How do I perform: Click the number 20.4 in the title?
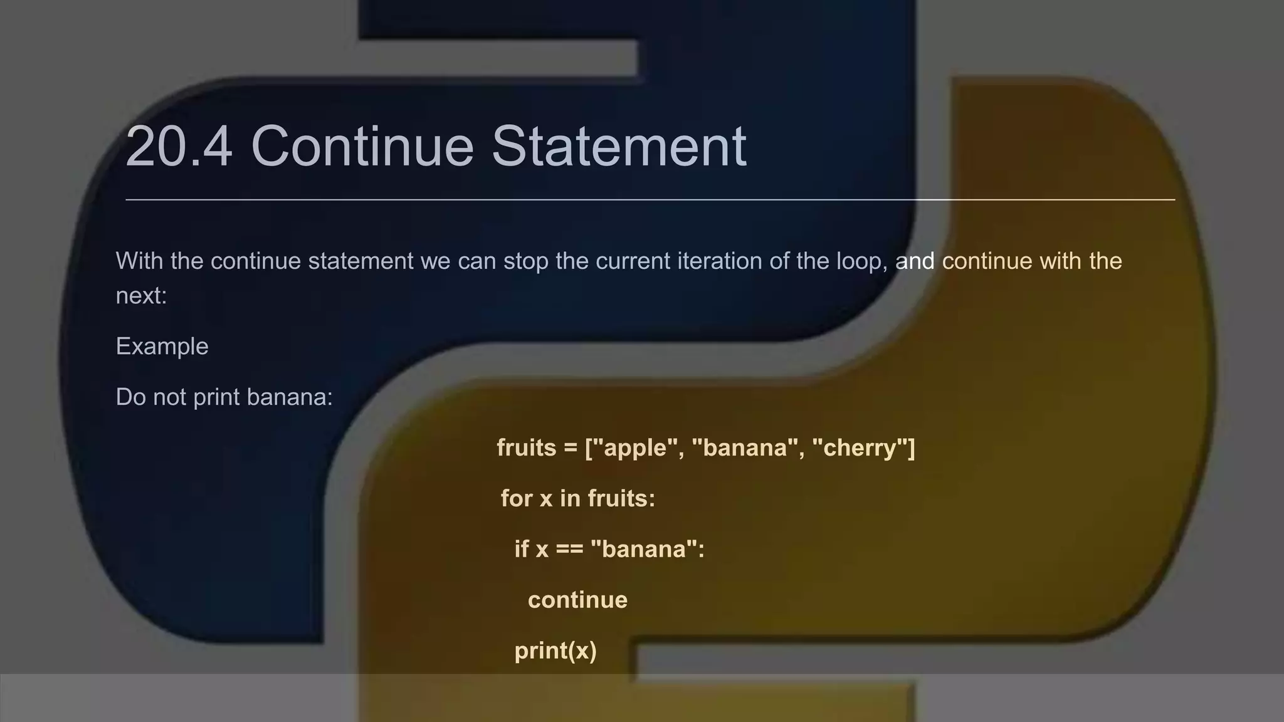179,147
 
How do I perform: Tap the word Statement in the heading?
619,147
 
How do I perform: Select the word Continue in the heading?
362,147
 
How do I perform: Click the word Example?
162,347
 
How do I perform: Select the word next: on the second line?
141,295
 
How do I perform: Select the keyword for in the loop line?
516,499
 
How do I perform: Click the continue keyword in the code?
577,600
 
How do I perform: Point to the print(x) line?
555,651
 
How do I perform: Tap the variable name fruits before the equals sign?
526,448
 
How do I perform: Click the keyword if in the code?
522,549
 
